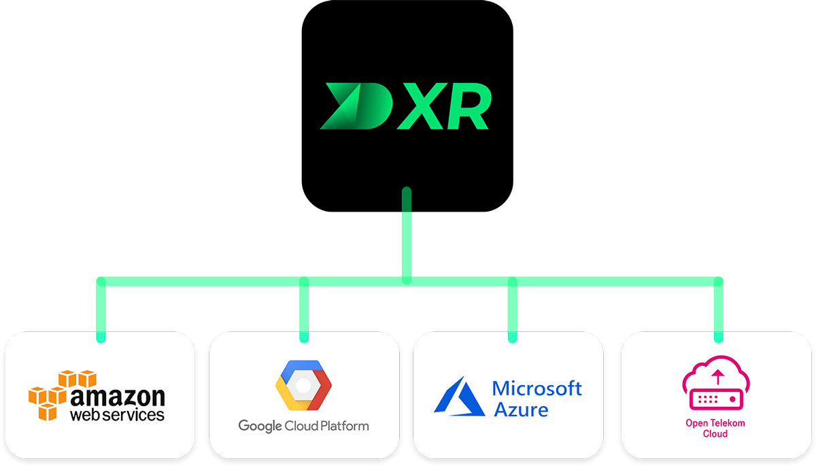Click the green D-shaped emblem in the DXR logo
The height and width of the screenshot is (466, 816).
coord(359,106)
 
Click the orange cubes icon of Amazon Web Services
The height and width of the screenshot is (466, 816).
coord(52,395)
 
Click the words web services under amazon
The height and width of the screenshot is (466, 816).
coord(118,414)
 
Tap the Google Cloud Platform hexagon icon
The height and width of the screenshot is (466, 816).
coord(303,385)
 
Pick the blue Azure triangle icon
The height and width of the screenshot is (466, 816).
coord(459,396)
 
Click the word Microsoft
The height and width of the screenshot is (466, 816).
coord(537,388)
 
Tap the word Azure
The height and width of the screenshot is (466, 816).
coord(521,410)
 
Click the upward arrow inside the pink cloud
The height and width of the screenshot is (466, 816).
coord(716,376)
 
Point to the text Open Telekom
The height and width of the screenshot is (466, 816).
coord(715,423)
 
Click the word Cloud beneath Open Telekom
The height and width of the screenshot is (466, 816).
coord(715,434)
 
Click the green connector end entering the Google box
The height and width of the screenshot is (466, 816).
coord(304,335)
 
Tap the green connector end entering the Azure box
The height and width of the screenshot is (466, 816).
coord(512,335)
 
